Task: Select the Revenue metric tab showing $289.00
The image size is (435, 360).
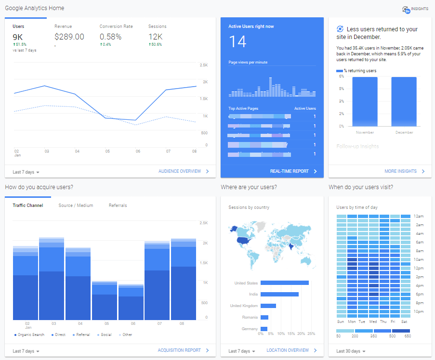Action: pos(69,37)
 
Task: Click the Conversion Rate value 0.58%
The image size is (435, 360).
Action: pos(110,37)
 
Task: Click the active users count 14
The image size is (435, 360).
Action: pos(237,42)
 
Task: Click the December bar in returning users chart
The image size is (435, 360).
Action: pos(404,101)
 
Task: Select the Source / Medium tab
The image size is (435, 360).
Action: pos(76,206)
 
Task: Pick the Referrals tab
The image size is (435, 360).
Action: pos(118,206)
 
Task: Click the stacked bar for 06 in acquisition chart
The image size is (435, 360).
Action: pos(131,302)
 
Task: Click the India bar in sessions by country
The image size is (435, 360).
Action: pos(279,294)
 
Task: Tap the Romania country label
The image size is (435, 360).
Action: pos(250,317)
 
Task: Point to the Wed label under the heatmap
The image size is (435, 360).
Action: pos(373,321)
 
